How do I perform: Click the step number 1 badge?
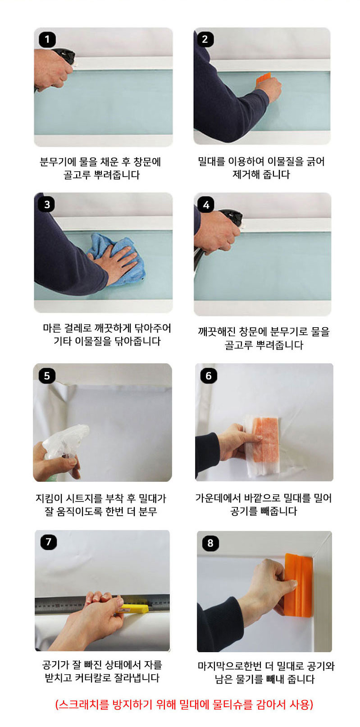click(x=47, y=40)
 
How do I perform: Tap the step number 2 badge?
click(x=205, y=39)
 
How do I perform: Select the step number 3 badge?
click(x=47, y=205)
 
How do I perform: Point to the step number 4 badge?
click(x=206, y=205)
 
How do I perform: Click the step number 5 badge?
click(x=47, y=376)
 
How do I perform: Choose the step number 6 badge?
click(x=209, y=376)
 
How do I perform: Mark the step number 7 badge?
click(x=49, y=542)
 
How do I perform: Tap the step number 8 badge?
click(x=210, y=543)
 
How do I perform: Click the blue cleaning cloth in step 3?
click(x=117, y=260)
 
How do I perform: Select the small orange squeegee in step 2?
click(x=263, y=79)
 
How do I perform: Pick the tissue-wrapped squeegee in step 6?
click(x=262, y=445)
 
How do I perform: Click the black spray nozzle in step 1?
click(x=65, y=56)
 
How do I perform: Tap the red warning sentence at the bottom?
click(x=184, y=704)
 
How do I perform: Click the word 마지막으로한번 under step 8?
click(x=230, y=666)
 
